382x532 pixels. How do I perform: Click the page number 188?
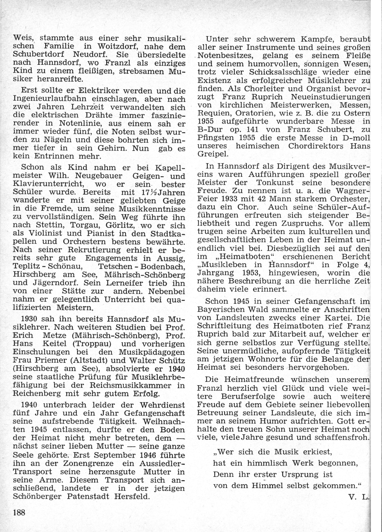19,512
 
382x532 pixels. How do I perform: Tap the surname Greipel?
213,154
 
